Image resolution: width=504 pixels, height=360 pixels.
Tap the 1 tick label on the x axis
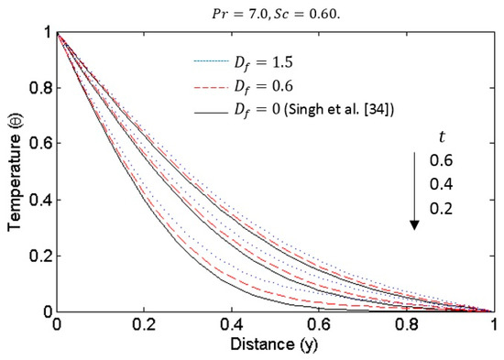tap(493, 325)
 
